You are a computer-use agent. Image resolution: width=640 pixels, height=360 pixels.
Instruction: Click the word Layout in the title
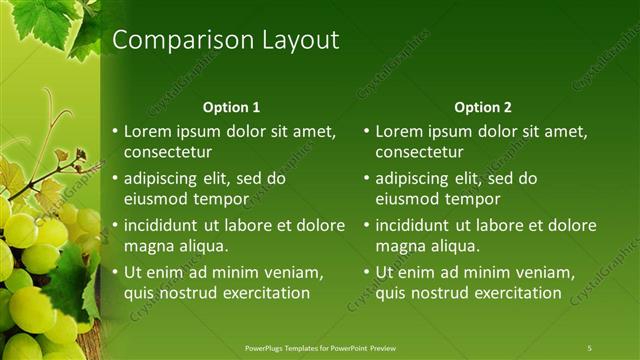point(298,41)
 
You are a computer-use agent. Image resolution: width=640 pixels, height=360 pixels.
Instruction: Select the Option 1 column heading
point(231,107)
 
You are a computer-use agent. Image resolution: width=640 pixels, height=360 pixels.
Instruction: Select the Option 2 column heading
point(482,107)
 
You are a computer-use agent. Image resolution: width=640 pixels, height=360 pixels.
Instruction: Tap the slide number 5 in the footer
point(589,348)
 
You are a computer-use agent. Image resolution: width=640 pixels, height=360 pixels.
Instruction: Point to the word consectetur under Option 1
point(167,152)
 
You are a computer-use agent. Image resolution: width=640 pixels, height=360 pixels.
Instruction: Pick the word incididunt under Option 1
point(166,225)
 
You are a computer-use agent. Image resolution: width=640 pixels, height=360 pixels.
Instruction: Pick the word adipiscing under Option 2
point(416,179)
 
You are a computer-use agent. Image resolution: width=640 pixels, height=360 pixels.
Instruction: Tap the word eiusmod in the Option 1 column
point(155,199)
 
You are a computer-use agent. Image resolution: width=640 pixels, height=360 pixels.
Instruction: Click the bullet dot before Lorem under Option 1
point(115,131)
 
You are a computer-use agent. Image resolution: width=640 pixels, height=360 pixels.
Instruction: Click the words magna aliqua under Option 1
point(176,246)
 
